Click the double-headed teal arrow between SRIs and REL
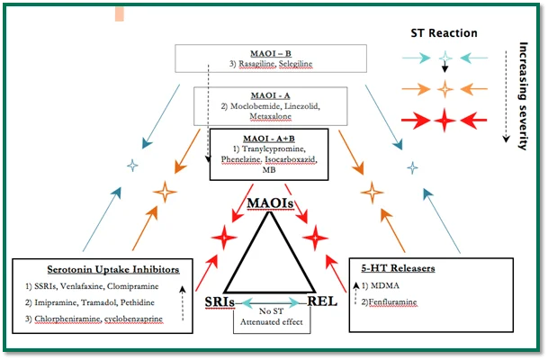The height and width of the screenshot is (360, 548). (x=270, y=302)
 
